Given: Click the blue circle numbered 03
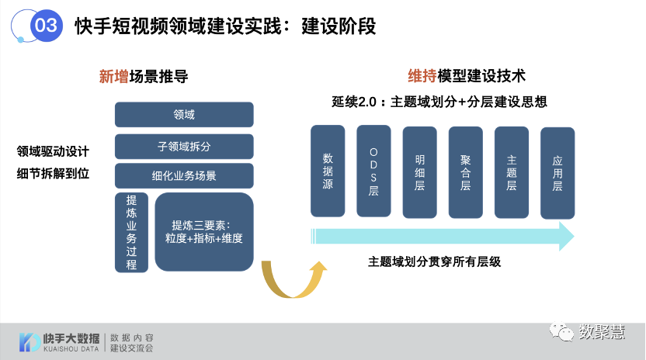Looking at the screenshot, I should (x=47, y=26).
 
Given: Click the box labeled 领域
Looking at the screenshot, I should (x=184, y=115).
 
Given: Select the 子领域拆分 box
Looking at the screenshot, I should (x=184, y=146).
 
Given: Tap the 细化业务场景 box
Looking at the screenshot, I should (x=184, y=175).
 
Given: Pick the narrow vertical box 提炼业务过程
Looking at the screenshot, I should (x=131, y=233).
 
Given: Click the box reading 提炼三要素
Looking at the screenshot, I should (x=204, y=232).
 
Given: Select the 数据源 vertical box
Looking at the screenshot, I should (x=328, y=171).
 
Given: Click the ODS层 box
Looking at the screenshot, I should (x=373, y=171).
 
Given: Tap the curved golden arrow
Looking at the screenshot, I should (x=291, y=281).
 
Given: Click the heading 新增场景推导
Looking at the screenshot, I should (x=144, y=76).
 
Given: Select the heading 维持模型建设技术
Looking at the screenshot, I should (x=467, y=76).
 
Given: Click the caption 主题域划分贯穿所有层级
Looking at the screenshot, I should (x=435, y=262).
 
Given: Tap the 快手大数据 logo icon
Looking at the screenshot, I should (x=30, y=342).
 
